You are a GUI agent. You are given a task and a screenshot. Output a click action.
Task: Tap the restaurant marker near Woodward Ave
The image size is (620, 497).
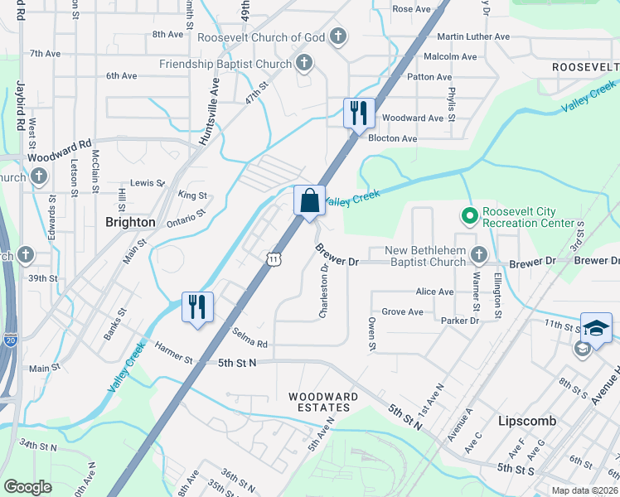(359, 113)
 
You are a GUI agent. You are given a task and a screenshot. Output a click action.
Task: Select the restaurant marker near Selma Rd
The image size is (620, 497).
(197, 306)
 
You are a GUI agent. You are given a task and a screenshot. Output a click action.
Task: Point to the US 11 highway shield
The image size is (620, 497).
(273, 259)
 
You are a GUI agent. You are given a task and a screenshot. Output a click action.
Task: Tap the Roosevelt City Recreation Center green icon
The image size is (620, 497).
(469, 215)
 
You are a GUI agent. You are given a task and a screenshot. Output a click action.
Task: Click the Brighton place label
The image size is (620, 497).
(130, 222)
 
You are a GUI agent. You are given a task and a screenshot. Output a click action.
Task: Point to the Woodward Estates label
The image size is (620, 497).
(323, 397)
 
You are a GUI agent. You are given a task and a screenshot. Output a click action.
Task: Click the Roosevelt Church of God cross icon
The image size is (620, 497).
(337, 36)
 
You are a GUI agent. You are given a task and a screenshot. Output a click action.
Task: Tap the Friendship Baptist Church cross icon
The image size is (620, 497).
(304, 63)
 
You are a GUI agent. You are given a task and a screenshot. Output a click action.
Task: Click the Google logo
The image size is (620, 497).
(27, 486)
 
